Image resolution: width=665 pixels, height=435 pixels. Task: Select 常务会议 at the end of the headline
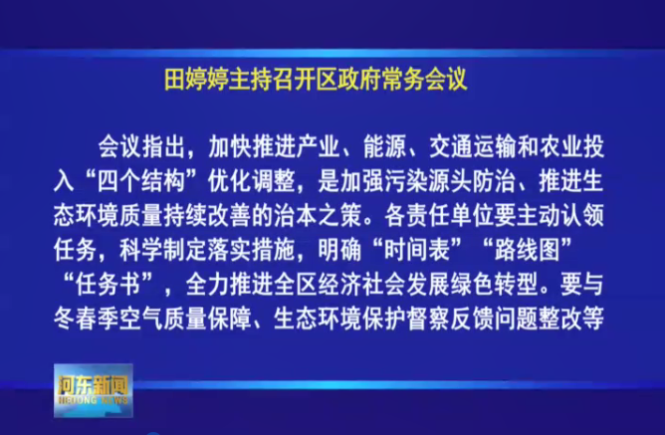tap(424, 80)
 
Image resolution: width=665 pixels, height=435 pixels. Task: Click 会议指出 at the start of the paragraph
tap(141, 148)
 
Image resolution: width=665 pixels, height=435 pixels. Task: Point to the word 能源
tap(384, 148)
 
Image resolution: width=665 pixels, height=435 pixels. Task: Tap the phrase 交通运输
tap(473, 148)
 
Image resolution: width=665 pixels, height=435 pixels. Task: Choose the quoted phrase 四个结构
tap(141, 182)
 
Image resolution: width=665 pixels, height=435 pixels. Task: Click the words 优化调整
tap(252, 182)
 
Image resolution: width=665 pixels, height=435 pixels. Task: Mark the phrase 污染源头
tap(428, 182)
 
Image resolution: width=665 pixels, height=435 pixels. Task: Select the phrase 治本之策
tap(318, 216)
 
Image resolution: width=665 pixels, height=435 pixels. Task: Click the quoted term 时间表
tap(417, 250)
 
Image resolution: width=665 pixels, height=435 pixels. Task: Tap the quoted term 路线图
tap(528, 250)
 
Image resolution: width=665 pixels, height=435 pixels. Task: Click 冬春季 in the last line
tap(87, 319)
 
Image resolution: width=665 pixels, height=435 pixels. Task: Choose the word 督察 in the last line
tap(428, 319)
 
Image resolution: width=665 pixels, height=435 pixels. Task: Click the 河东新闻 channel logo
tap(94, 390)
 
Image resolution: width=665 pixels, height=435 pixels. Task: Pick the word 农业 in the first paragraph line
tap(560, 148)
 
